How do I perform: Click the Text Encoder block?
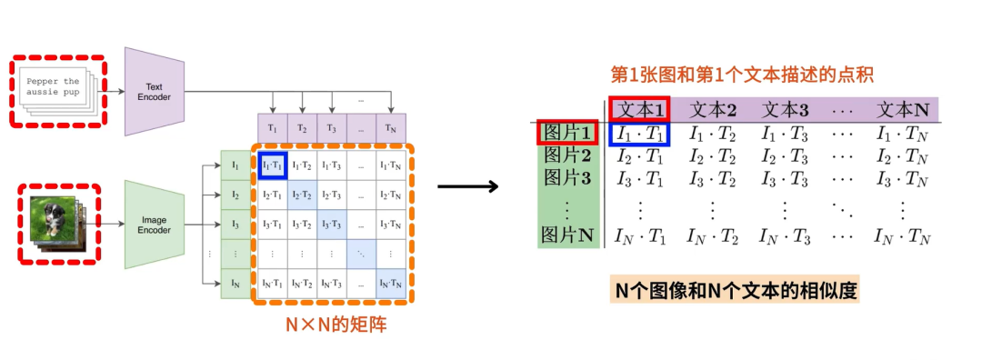click(155, 92)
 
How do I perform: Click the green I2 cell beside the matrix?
click(236, 195)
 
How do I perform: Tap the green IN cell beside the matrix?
click(236, 283)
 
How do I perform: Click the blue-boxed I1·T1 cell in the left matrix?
click(273, 165)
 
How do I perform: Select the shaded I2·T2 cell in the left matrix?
click(301, 195)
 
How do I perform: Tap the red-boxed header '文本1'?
click(640, 110)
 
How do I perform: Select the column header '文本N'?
click(902, 110)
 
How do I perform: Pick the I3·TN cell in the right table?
click(902, 178)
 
